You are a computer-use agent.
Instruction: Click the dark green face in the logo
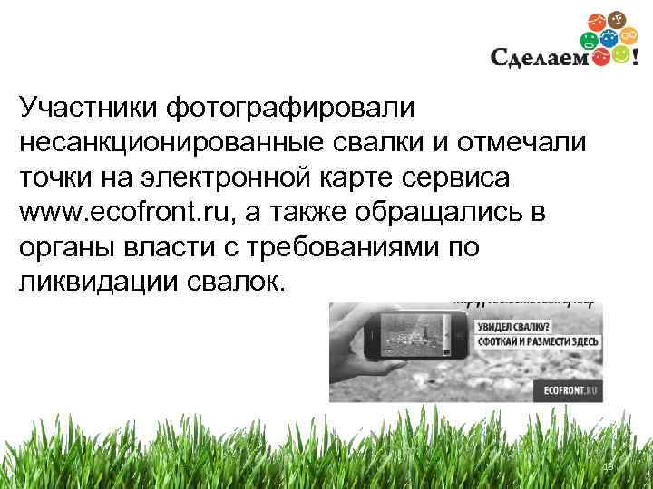point(590,40)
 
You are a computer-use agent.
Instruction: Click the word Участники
point(87,108)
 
